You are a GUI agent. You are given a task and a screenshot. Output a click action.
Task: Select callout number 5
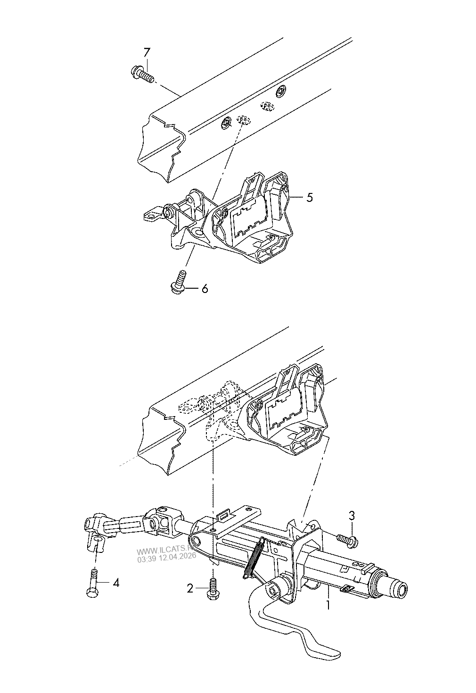(309, 197)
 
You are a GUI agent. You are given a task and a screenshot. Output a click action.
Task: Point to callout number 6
(205, 289)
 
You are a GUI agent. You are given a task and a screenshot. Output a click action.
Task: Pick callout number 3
(352, 516)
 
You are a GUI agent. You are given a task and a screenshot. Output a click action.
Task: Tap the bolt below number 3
(348, 541)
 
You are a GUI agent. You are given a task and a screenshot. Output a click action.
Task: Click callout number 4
(115, 583)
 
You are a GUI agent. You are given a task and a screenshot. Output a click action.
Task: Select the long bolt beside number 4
(93, 583)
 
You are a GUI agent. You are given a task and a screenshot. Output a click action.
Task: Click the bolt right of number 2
(213, 590)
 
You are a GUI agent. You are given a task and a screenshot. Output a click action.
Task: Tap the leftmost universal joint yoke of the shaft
(95, 534)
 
